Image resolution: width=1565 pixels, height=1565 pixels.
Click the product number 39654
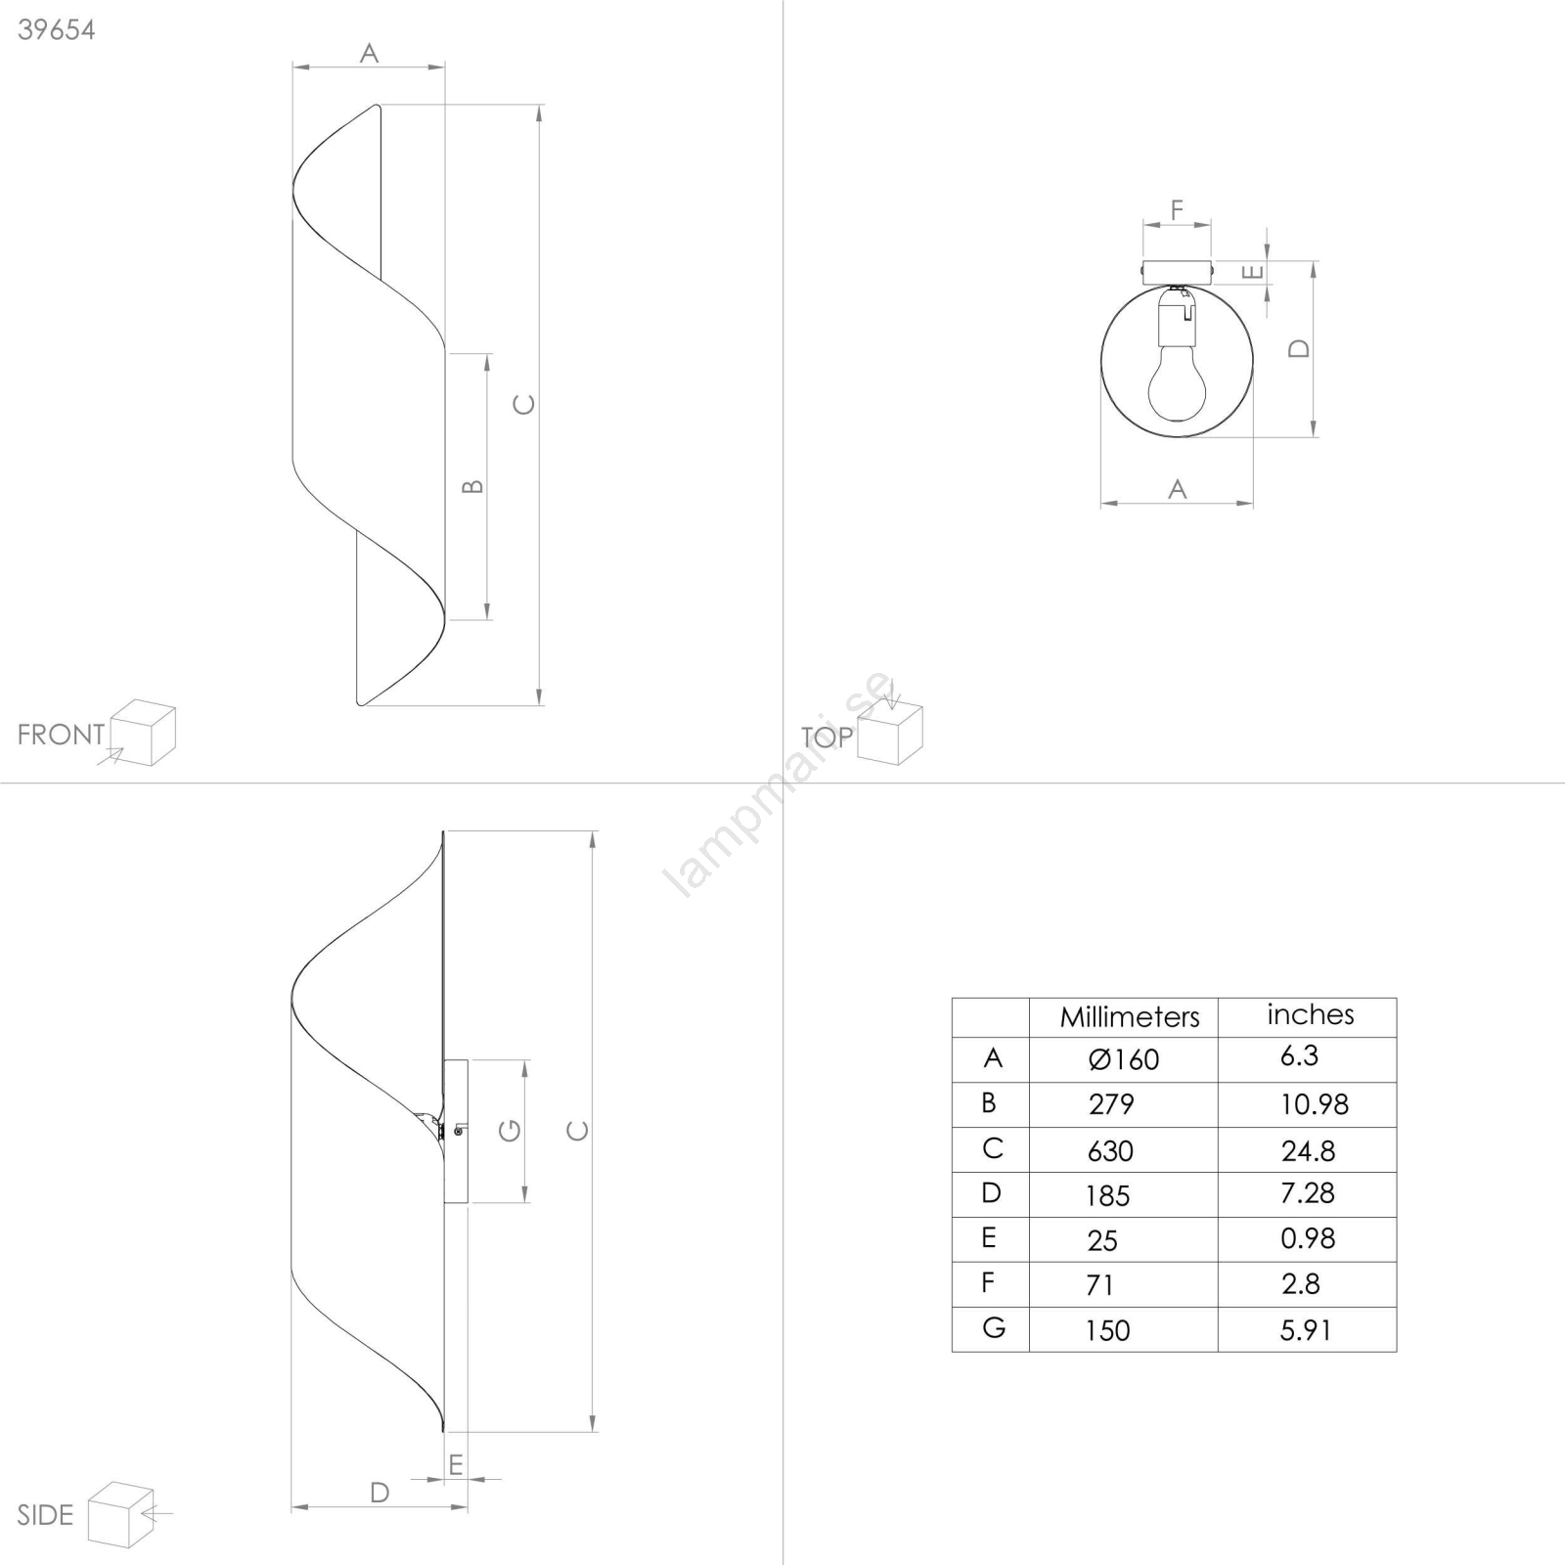[x=57, y=30]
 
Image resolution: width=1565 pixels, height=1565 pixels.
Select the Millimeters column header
[x=1130, y=1017]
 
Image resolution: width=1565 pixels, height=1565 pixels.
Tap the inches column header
[x=1311, y=1015]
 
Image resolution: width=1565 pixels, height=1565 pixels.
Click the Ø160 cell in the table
[x=1124, y=1059]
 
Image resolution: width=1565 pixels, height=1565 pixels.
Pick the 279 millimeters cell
[x=1111, y=1104]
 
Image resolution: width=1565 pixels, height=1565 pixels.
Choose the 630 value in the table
[x=1110, y=1151]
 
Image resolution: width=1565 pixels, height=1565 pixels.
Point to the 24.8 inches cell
[x=1308, y=1151]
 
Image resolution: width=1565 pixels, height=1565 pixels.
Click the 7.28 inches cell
[x=1308, y=1193]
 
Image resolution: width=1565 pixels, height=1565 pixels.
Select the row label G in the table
[x=994, y=1328]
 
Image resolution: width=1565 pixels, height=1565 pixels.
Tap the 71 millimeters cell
[x=1100, y=1285]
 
